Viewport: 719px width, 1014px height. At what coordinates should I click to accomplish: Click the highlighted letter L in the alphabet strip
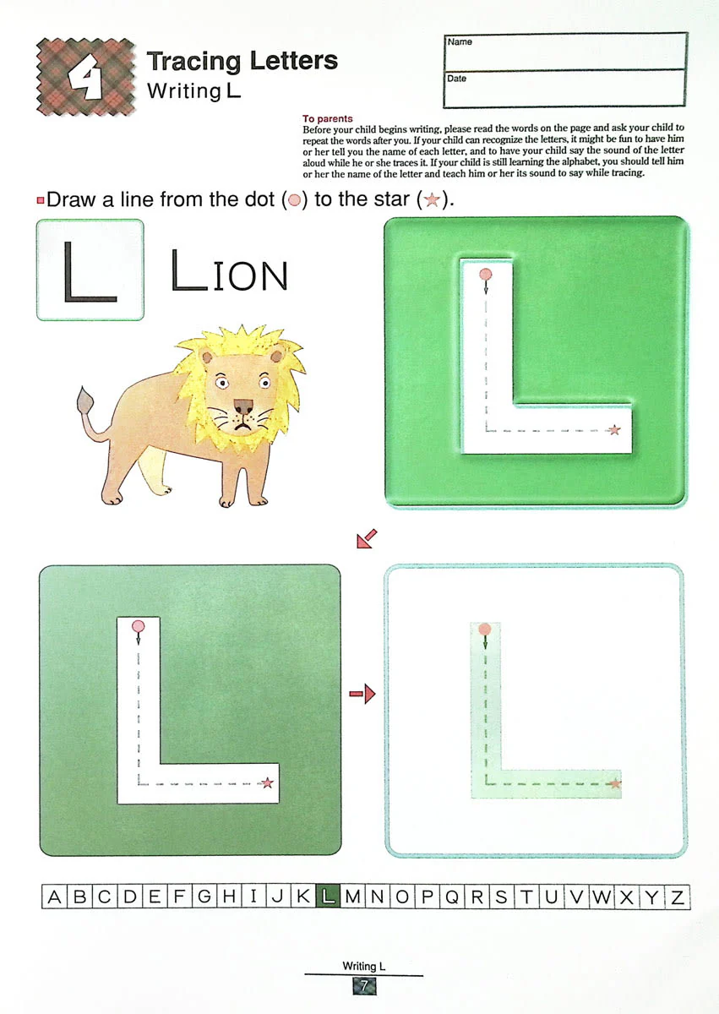(328, 897)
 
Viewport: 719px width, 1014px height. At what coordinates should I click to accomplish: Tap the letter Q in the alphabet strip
(451, 897)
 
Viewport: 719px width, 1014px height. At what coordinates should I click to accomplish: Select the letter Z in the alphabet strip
(678, 897)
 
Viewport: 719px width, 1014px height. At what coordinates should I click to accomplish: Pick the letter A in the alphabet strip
(54, 897)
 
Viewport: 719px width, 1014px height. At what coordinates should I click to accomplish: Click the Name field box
(565, 52)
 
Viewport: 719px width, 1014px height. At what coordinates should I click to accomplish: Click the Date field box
(564, 88)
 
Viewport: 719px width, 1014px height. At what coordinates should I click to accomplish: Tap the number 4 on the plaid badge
(85, 76)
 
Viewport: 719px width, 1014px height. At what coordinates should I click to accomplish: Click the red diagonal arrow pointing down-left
(367, 539)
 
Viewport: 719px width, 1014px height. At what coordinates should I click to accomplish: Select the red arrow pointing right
(362, 694)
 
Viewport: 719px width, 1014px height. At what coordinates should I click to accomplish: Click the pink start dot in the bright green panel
(486, 275)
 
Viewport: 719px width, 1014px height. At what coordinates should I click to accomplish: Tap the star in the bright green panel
(614, 429)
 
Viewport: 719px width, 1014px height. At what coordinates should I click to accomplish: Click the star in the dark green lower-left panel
(267, 782)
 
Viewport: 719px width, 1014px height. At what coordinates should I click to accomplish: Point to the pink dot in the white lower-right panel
(485, 629)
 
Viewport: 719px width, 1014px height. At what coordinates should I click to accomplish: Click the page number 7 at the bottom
(364, 986)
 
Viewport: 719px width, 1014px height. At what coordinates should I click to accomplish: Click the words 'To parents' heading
(327, 118)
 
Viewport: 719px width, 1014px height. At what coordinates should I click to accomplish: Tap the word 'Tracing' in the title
(193, 61)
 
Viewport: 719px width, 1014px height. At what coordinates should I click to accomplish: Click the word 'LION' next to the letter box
(229, 270)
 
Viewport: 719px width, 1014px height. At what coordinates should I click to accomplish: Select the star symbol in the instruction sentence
(432, 199)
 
